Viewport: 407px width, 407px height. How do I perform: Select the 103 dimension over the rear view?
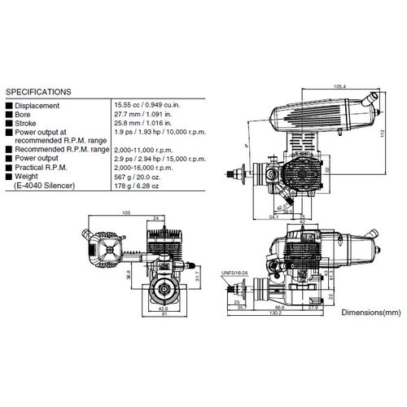point(125,212)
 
